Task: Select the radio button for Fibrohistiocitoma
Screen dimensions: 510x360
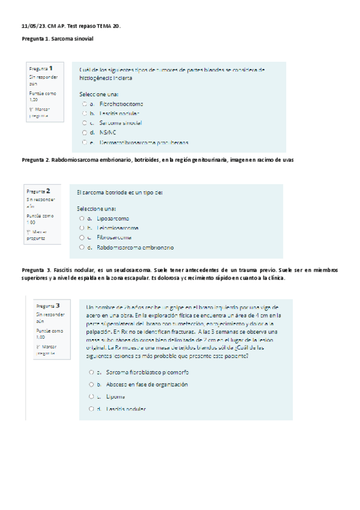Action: click(x=84, y=104)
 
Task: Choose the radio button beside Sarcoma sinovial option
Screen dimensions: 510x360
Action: click(x=84, y=123)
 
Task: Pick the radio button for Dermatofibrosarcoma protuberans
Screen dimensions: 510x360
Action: click(x=84, y=143)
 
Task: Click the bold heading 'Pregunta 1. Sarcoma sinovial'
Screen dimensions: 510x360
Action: click(x=58, y=39)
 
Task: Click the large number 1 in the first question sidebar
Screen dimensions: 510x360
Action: click(x=52, y=69)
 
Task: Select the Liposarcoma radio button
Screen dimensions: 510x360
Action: click(x=81, y=218)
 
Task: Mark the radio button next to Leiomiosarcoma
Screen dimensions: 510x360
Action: click(x=81, y=228)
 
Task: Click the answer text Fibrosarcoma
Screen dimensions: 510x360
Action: click(x=113, y=238)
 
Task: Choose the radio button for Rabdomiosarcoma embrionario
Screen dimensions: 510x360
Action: click(x=81, y=247)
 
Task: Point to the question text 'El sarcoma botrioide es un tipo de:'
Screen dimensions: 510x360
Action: click(x=120, y=192)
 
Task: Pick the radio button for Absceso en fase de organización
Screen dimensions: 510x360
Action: click(x=90, y=384)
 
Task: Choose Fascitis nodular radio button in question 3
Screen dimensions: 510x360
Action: click(x=90, y=409)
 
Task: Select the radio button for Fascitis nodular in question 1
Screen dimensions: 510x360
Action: click(x=84, y=113)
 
